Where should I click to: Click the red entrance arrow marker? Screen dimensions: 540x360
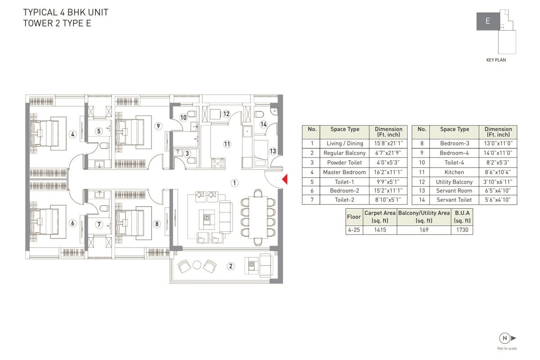tap(285, 179)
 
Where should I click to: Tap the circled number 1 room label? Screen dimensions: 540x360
tap(234, 183)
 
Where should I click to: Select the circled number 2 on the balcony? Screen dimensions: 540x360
tap(231, 266)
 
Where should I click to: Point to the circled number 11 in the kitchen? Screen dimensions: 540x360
tap(227, 144)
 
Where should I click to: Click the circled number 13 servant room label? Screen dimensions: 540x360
tap(273, 151)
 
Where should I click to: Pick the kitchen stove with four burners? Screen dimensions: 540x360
tap(218, 163)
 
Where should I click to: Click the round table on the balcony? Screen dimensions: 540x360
tap(197, 265)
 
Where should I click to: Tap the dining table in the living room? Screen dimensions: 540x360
tap(258, 217)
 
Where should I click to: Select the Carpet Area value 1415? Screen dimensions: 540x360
tap(380, 230)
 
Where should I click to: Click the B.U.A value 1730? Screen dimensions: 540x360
tap(462, 230)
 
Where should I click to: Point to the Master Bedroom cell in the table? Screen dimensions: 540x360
tap(345, 172)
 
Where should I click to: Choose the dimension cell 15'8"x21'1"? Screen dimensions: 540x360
tap(388, 143)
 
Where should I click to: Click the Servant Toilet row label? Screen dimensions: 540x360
tap(454, 200)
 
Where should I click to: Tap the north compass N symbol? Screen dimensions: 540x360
tap(505, 338)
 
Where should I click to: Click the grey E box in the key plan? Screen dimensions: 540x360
tap(488, 21)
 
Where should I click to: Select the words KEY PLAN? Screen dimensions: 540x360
tap(496, 60)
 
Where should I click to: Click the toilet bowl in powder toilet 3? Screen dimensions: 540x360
tap(192, 161)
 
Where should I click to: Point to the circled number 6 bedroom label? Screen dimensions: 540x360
tap(72, 223)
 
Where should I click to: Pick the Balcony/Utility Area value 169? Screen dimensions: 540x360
tap(424, 230)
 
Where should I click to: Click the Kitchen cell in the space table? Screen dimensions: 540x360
tap(454, 172)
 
